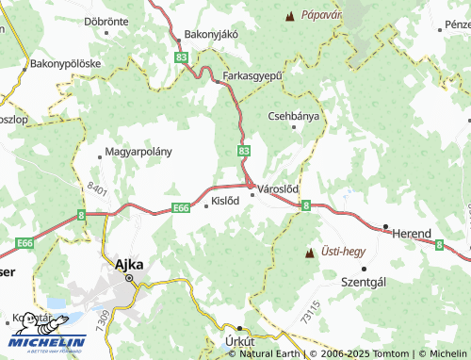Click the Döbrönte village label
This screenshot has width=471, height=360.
click(106, 20)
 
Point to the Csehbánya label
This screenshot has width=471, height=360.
click(294, 117)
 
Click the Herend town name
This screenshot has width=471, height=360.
click(412, 234)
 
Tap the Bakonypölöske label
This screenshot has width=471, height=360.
click(66, 65)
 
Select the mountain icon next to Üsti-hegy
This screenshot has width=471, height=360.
click(308, 253)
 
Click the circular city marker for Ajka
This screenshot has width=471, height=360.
click(129, 279)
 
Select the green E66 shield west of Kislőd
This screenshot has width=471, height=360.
click(182, 209)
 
